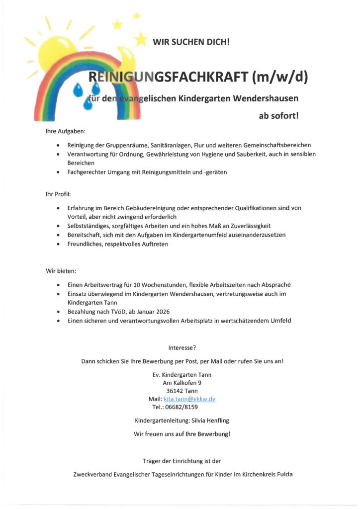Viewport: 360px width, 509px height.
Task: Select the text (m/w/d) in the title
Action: pos(280,78)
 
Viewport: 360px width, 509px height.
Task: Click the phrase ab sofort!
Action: pos(278,116)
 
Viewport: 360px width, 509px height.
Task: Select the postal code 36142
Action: pos(175,391)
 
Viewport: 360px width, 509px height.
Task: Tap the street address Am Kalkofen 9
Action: pos(182,383)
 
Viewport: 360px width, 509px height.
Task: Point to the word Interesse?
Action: pos(182,348)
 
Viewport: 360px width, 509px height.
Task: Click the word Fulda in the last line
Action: pos(283,474)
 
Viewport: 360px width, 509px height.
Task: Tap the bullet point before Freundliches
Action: pos(58,244)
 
